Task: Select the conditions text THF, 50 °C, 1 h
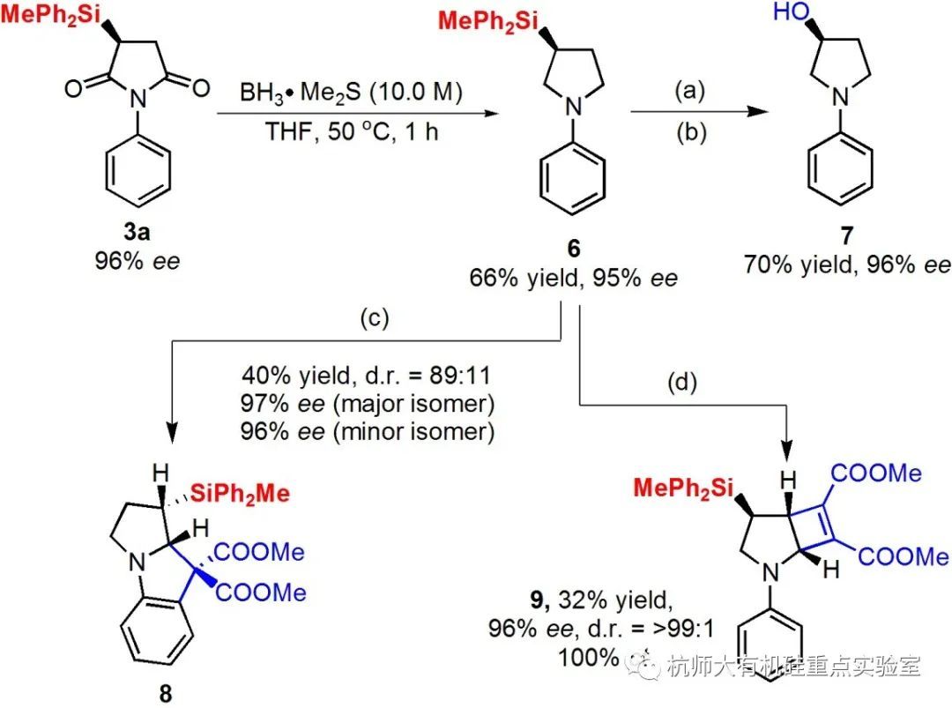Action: point(351,134)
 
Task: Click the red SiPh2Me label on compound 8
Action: point(239,493)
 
